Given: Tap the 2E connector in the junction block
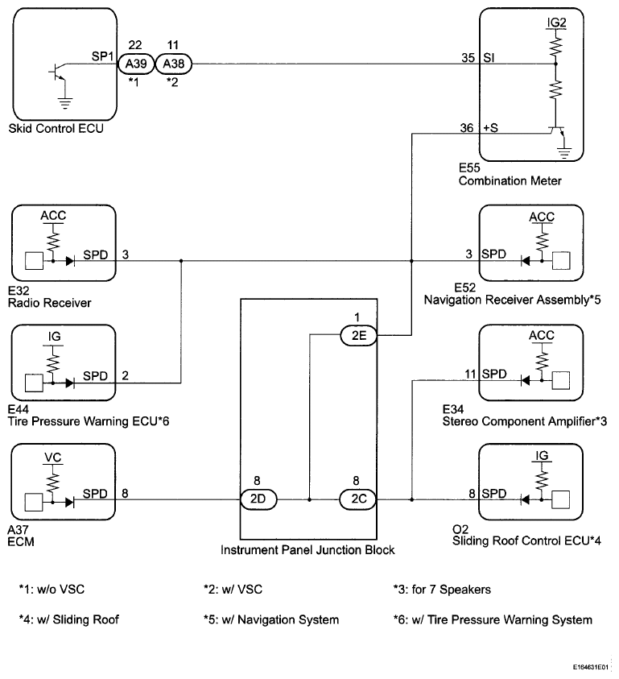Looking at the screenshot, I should coord(357,337).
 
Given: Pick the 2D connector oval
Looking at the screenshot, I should coord(258,499).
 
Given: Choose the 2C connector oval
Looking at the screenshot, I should coord(357,499).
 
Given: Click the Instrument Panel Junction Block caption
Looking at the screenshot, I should coord(309,550).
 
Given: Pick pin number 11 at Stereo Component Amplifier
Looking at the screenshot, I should coord(470,374).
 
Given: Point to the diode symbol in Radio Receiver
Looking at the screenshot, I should coord(71,261).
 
